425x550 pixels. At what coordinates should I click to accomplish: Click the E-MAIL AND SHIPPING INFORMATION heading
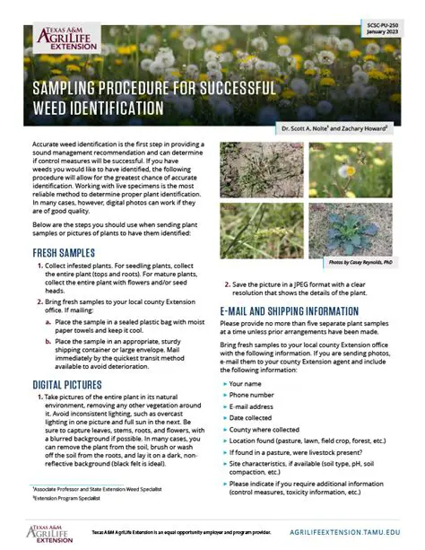pyautogui.click(x=297, y=310)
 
